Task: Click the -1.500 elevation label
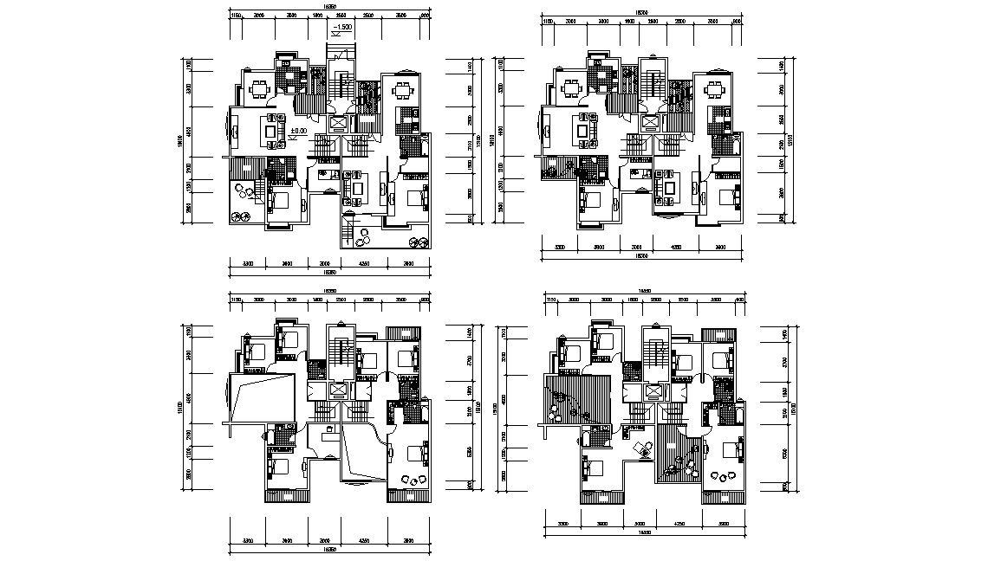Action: pos(342,29)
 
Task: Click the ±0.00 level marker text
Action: pos(298,131)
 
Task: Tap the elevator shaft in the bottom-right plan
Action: pos(650,391)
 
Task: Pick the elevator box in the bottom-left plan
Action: pos(337,391)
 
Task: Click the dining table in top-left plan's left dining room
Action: pos(259,87)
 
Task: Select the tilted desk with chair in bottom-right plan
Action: pos(643,448)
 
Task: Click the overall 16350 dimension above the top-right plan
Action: pos(640,12)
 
